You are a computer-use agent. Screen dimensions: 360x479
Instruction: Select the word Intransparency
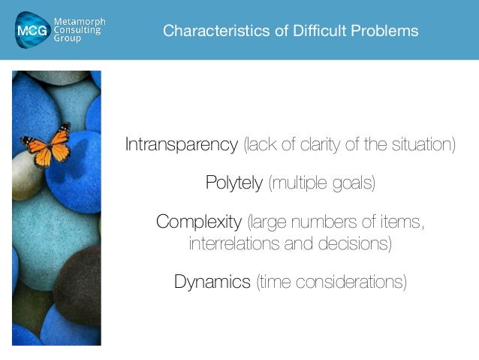pos(181,144)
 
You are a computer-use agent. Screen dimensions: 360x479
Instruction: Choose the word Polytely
pos(234,183)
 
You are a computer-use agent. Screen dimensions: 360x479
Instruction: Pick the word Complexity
pos(198,222)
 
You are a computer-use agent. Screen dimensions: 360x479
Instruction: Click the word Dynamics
pos(212,283)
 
